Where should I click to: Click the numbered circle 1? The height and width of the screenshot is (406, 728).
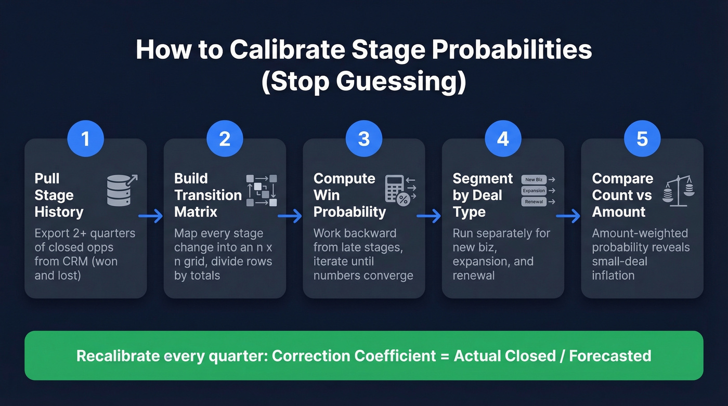click(x=86, y=139)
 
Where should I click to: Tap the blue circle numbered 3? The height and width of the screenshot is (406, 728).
click(x=364, y=139)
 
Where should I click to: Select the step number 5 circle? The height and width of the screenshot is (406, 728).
click(x=642, y=139)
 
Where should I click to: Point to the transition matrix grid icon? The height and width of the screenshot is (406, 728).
click(x=262, y=190)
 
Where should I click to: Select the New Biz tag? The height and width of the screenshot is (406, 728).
click(x=534, y=180)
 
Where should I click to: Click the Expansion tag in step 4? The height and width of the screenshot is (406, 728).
click(x=534, y=191)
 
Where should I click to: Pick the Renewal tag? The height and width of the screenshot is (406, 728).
click(x=534, y=202)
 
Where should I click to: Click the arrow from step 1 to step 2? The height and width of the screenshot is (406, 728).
click(x=151, y=216)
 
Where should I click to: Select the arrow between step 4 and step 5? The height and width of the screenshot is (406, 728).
click(x=568, y=216)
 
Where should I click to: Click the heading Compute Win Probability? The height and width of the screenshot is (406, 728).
click(x=349, y=195)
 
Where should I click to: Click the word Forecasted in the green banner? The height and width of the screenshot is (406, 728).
click(x=610, y=356)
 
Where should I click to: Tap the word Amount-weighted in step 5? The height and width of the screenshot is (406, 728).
click(x=640, y=233)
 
